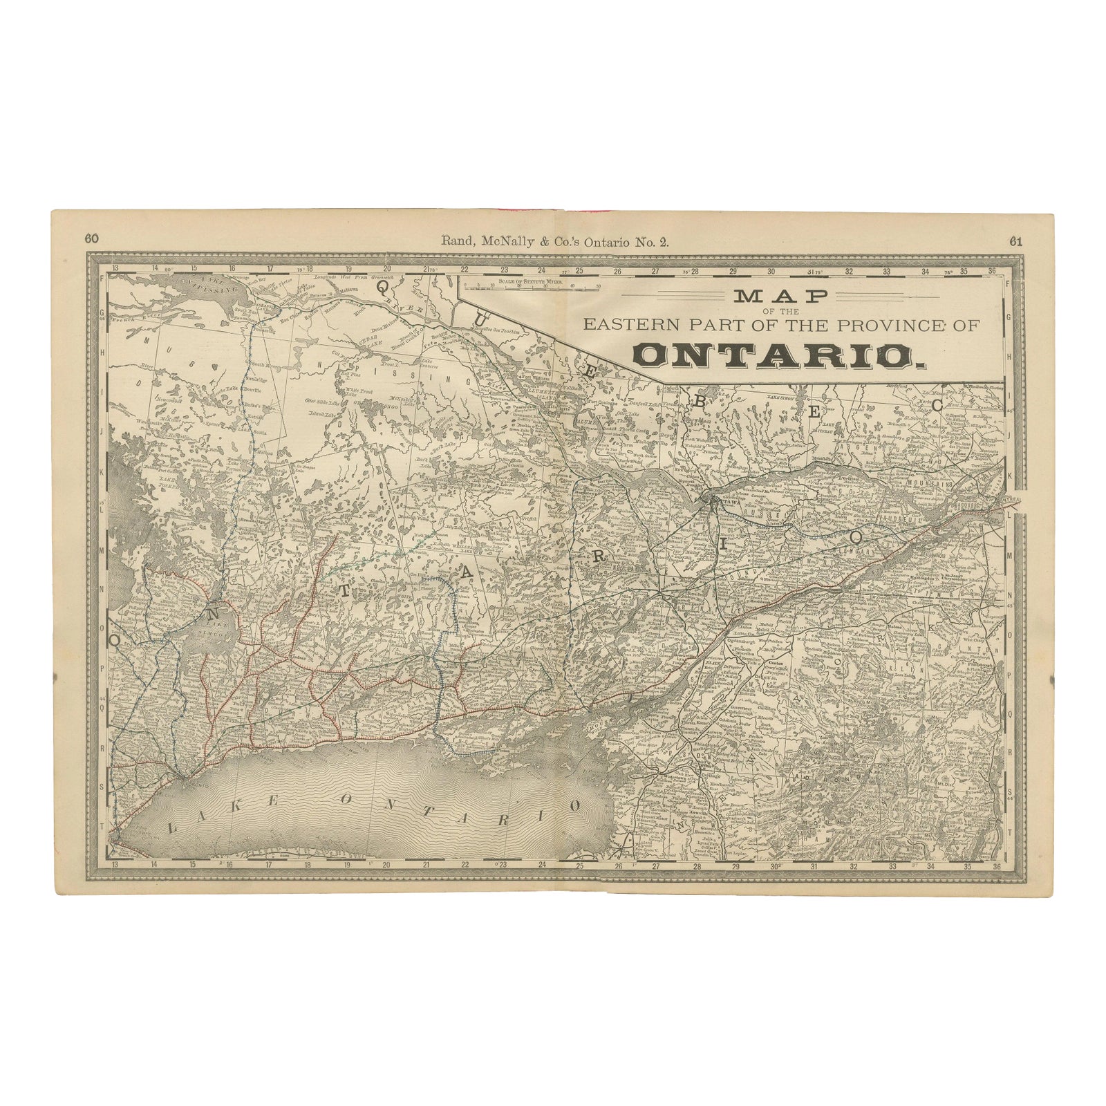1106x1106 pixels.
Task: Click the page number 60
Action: point(91,239)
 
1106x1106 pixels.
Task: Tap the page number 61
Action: point(1015,241)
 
